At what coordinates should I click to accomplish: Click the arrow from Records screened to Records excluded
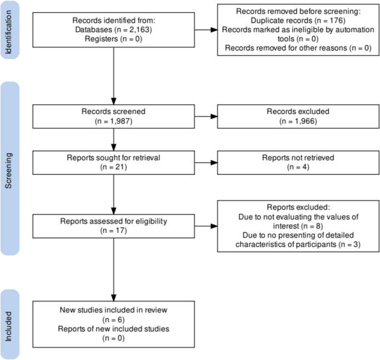[206, 116]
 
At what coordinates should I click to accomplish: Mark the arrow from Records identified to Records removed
[206, 31]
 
